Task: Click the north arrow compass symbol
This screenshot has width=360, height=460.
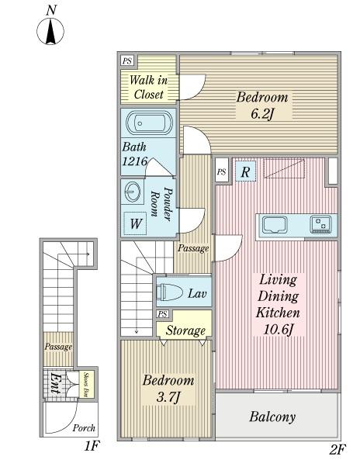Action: point(50,31)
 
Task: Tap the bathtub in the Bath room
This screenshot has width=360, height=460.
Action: point(149,123)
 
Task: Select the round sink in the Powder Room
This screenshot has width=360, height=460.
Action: point(133,192)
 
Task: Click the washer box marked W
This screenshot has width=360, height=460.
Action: point(135,223)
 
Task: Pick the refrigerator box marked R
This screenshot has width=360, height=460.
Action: point(245,171)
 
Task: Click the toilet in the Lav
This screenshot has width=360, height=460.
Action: point(170,292)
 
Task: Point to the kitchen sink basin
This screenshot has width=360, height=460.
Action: point(275,225)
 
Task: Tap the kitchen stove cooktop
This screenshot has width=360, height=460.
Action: point(321,224)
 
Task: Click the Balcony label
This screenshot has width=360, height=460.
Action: point(272,417)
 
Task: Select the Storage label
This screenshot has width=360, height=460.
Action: point(185,330)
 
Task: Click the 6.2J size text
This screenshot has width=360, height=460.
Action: point(262,113)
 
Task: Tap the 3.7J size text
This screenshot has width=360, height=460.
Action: point(168,397)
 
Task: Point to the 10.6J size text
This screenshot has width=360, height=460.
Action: point(278,330)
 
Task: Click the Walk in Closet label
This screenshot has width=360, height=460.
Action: point(149,87)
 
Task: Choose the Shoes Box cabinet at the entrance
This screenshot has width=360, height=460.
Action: point(87,385)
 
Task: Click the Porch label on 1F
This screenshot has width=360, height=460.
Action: point(84,428)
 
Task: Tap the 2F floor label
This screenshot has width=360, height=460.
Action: point(337,449)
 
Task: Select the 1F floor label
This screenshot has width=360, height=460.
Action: point(92,446)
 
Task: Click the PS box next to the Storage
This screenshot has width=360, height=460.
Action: point(162,314)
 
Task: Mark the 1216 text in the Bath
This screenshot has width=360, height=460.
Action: point(135,161)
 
